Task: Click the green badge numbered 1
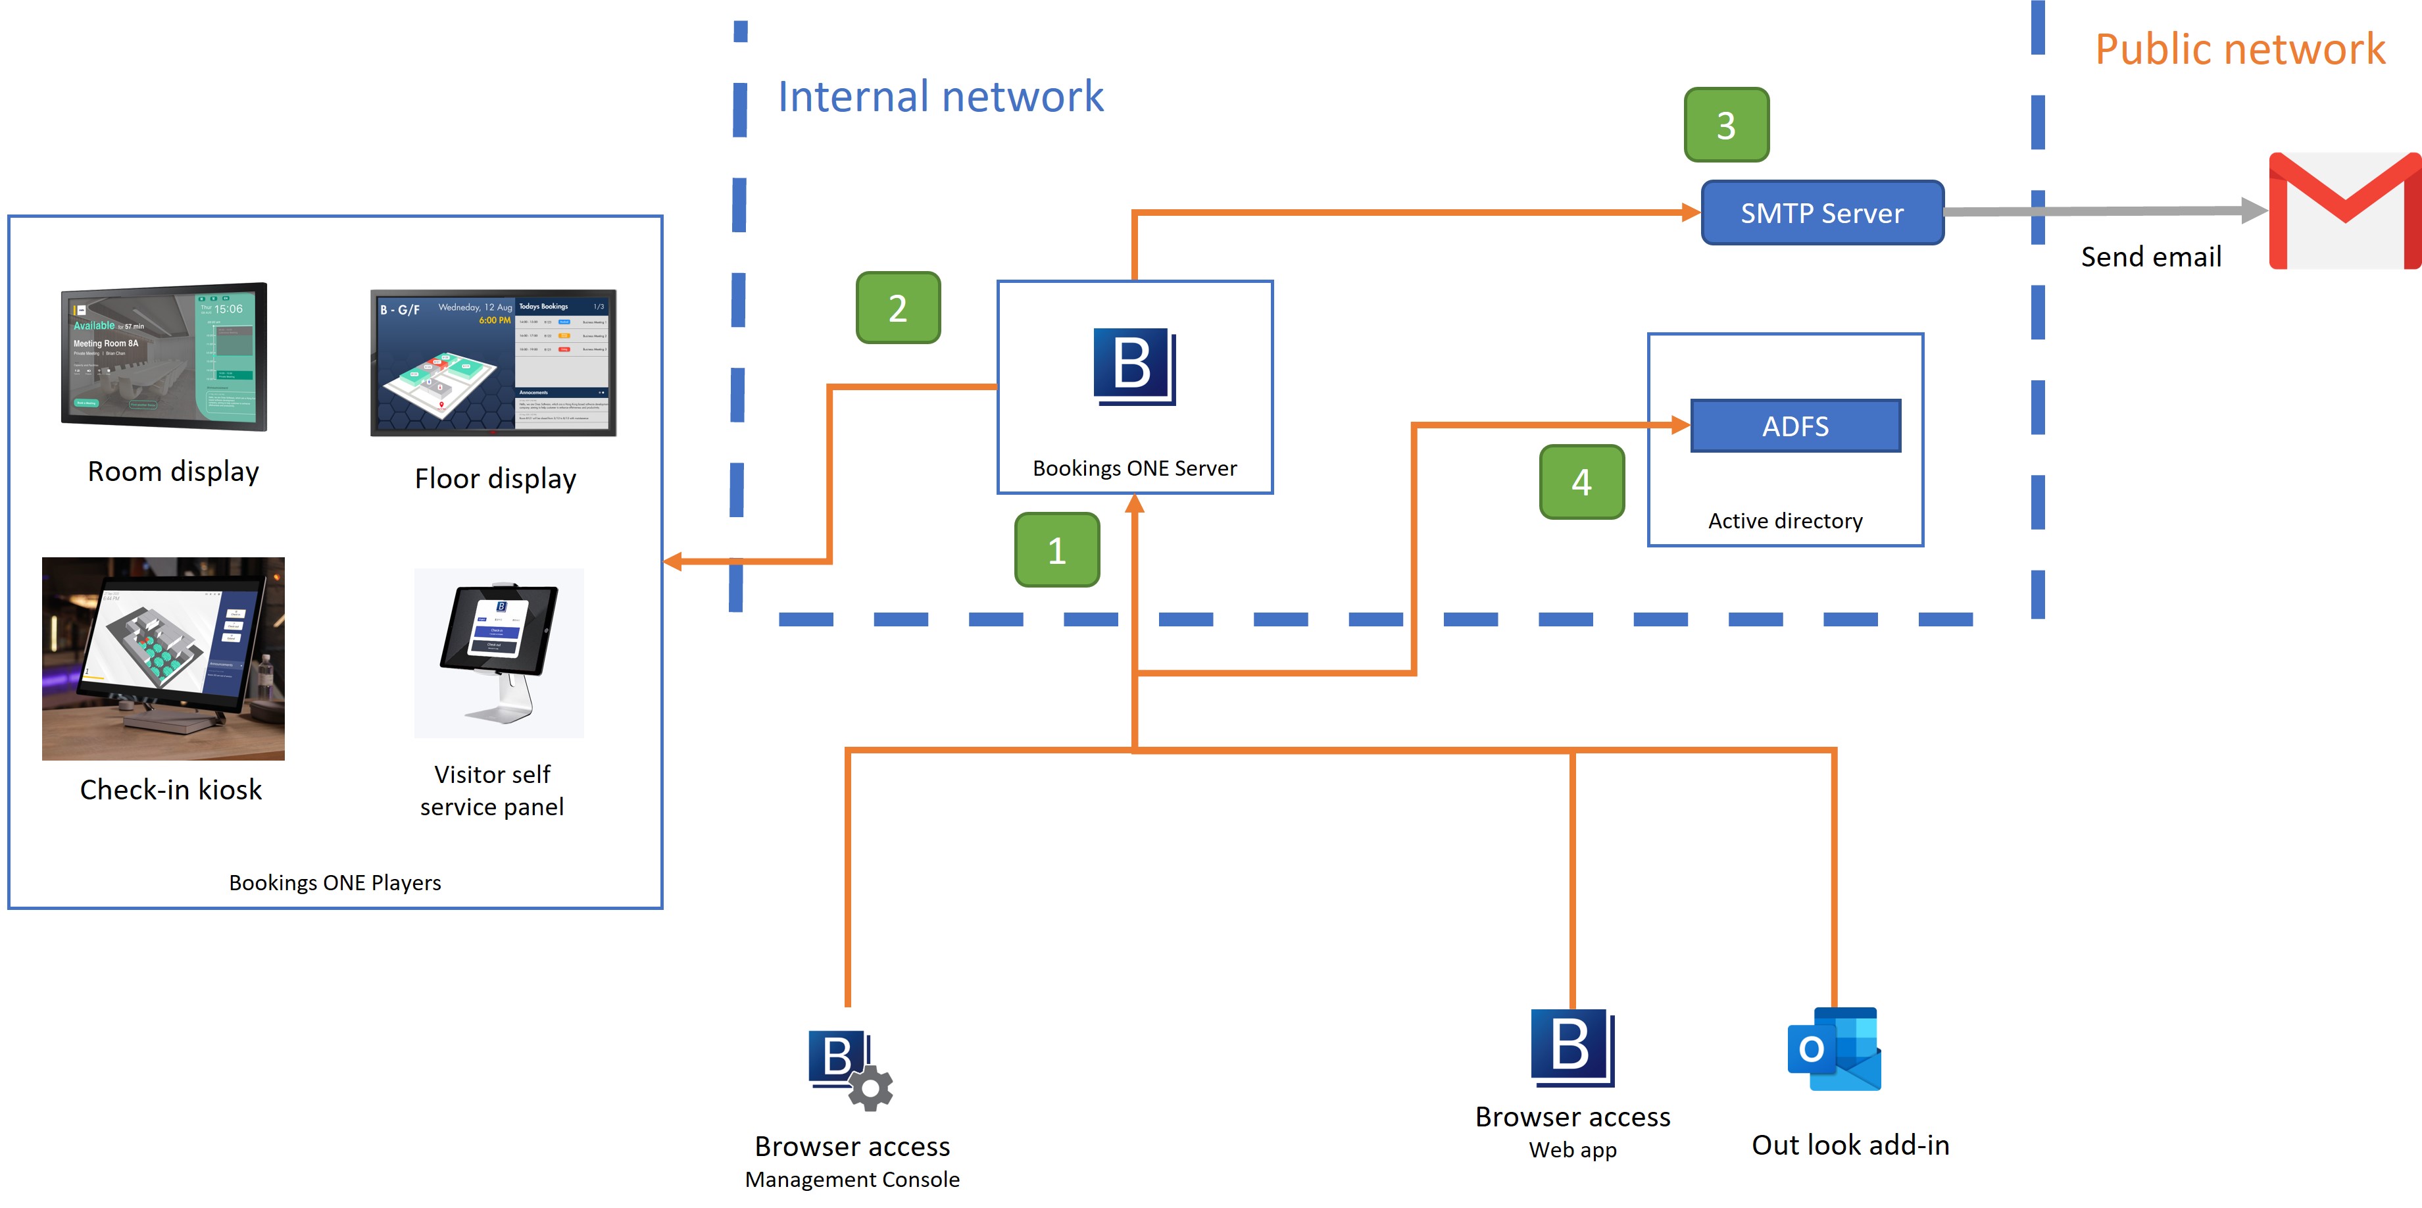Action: coord(1057,550)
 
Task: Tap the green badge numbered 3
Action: coord(1726,125)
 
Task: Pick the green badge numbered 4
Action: coord(1581,482)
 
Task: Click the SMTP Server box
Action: coord(1822,213)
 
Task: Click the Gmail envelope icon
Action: coord(2344,211)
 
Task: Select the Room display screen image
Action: coord(164,357)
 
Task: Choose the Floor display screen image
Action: coord(493,363)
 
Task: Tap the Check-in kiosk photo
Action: coord(164,658)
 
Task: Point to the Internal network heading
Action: coord(940,97)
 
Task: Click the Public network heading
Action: coord(2240,49)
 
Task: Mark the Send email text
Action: coord(2150,257)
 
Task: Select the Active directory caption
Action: coord(1785,521)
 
